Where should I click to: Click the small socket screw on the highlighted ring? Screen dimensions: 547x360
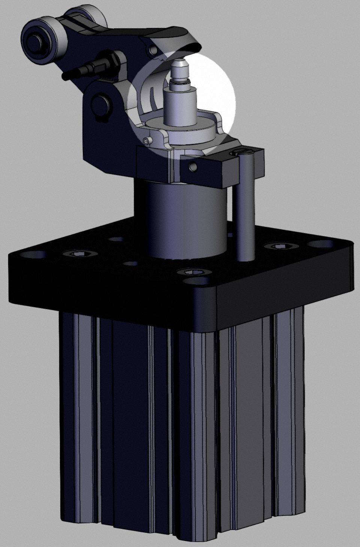147,141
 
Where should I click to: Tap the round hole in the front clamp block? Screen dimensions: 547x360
193,166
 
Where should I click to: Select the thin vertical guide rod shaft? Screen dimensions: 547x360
246,210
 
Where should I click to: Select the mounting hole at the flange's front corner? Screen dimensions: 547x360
198,281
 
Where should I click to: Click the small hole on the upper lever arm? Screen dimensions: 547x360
152,49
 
